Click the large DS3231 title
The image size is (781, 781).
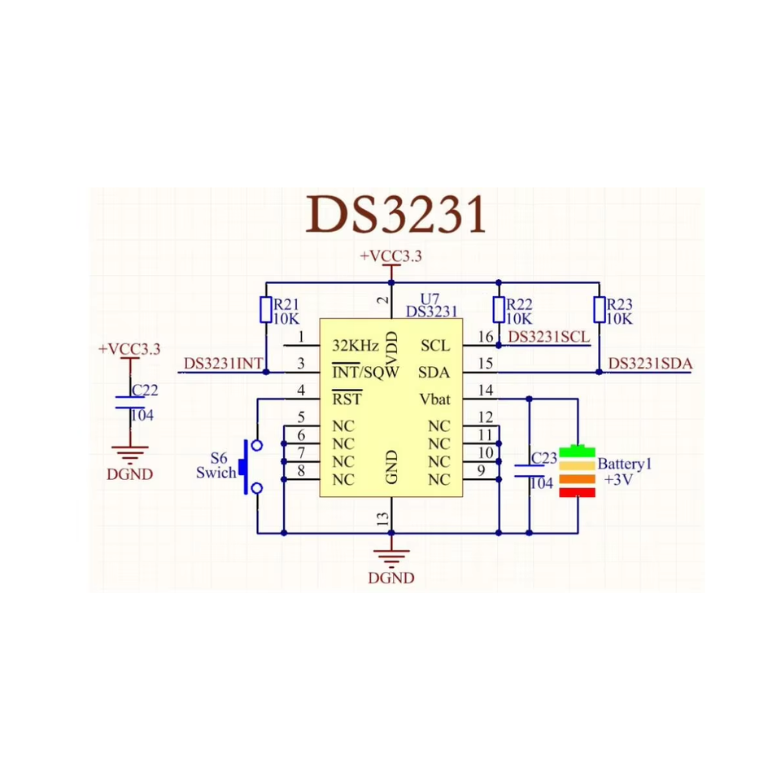[396, 214]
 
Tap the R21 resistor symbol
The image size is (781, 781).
[266, 310]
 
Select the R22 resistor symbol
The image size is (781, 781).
[499, 310]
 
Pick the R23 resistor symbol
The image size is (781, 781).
[600, 310]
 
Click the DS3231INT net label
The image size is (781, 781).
[223, 364]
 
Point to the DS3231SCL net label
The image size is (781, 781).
[548, 337]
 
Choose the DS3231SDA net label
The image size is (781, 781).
[650, 364]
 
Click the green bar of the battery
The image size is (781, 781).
[578, 452]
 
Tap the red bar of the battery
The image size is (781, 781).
[578, 493]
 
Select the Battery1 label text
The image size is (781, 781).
[625, 465]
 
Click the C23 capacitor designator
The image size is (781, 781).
[544, 458]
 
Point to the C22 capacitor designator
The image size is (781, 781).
[145, 390]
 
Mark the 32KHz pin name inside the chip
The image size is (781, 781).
[356, 345]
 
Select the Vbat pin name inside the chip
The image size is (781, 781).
[434, 399]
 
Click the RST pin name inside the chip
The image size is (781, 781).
[347, 399]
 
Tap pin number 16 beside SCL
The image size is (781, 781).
[486, 337]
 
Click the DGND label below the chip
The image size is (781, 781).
[391, 578]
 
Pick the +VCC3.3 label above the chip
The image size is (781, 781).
[391, 256]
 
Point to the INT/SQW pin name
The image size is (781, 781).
[365, 372]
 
